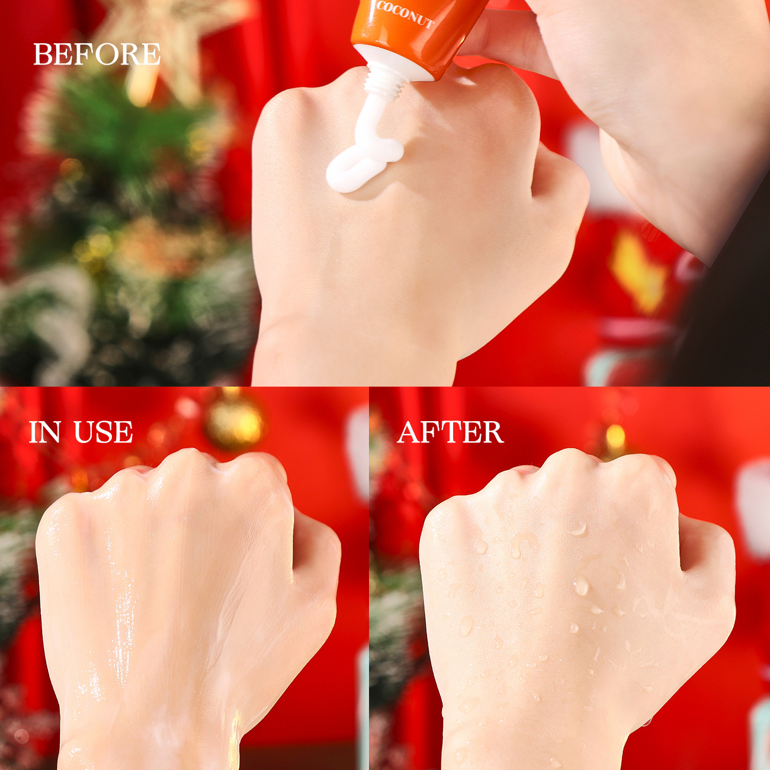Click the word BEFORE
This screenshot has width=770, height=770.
97,54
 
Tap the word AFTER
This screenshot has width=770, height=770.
450,432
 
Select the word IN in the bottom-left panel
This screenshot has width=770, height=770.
45,432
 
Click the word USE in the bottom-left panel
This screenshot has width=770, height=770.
103,432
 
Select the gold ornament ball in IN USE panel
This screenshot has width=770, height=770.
235,422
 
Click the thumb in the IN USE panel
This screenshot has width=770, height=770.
314,551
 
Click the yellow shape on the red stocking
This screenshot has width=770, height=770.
637,269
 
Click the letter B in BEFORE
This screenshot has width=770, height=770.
43,54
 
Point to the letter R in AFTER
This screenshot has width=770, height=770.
492,432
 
